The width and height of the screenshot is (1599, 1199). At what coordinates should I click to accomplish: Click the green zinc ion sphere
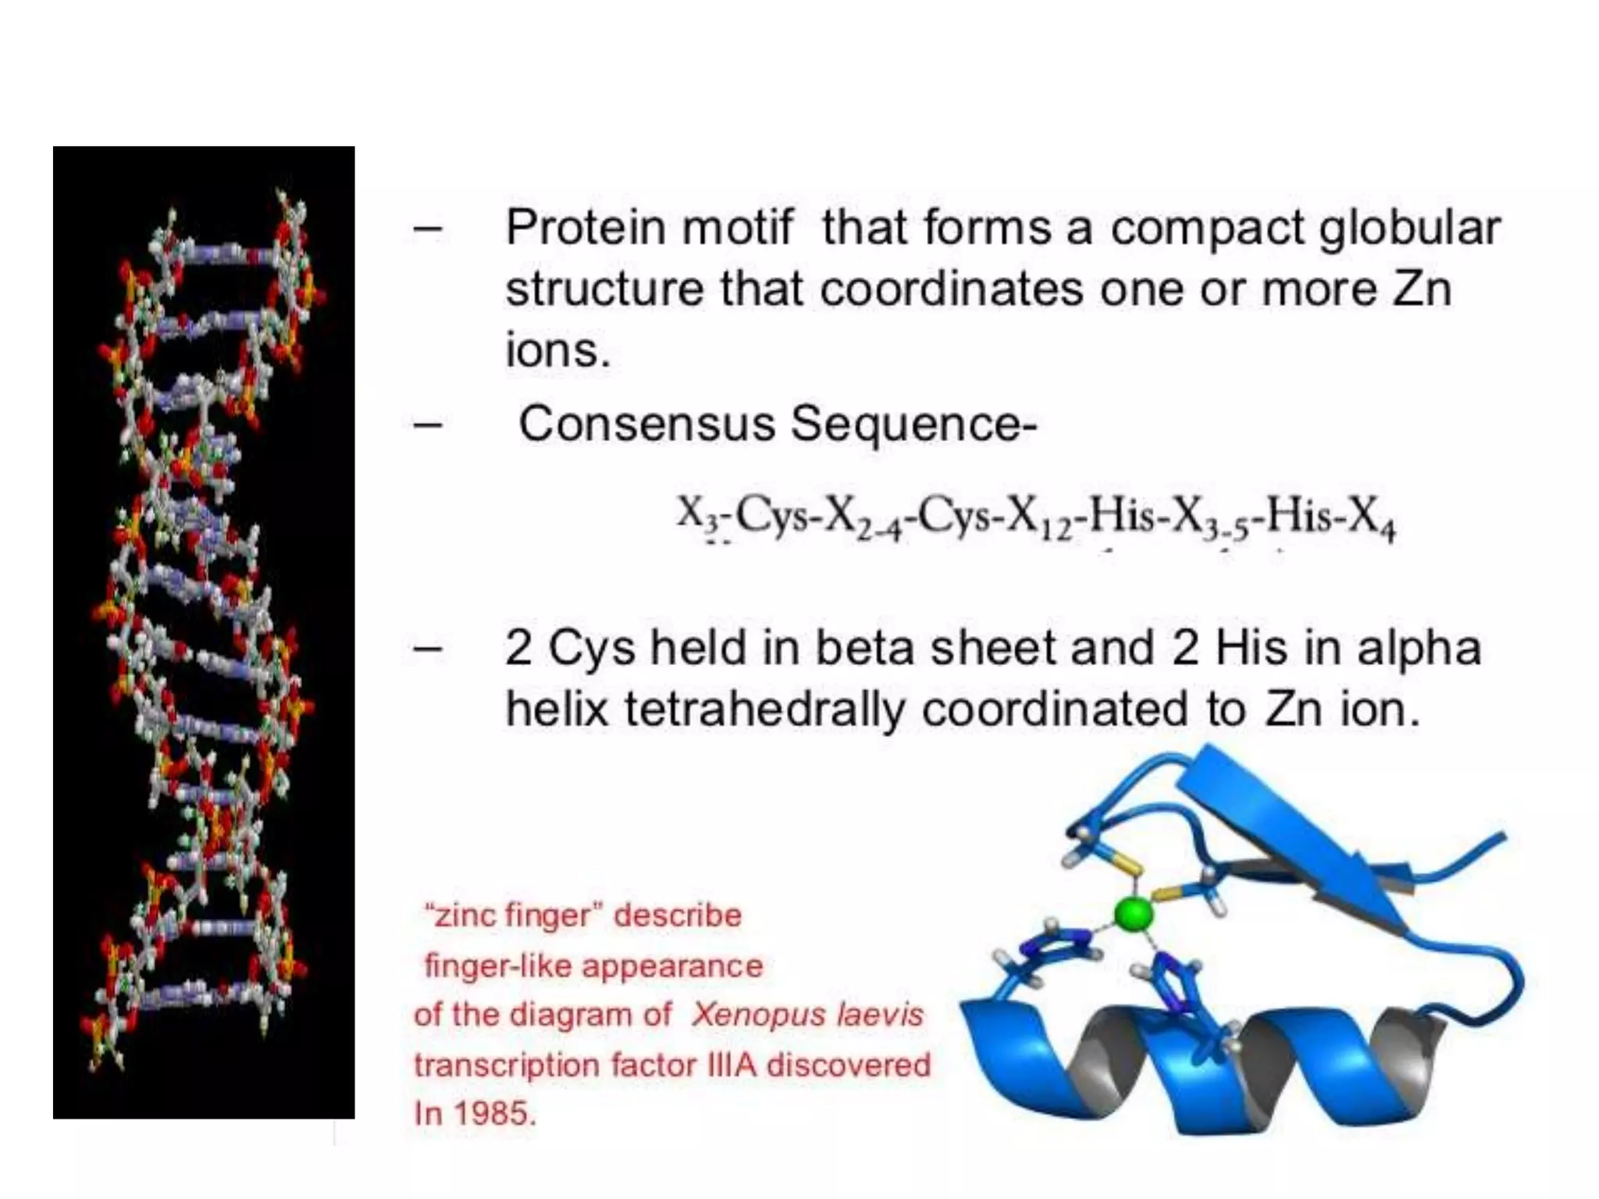1133,914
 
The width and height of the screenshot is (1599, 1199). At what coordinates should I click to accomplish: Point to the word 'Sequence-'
913,425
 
